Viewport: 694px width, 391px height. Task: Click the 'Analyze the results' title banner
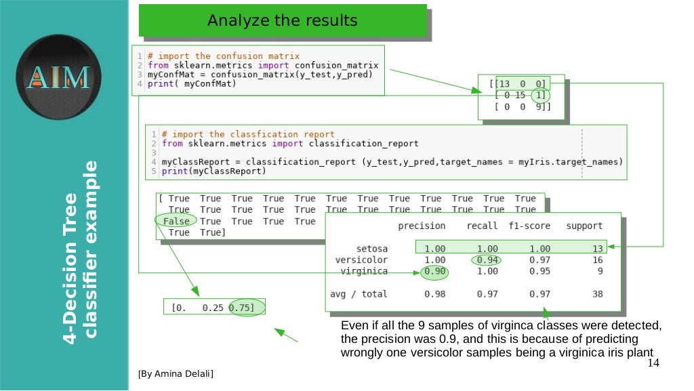[283, 22]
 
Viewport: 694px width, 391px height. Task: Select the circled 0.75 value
[243, 308]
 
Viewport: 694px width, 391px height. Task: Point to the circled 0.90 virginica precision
[434, 271]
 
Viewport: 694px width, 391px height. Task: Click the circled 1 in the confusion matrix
[539, 96]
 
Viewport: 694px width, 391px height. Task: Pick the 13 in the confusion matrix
[504, 84]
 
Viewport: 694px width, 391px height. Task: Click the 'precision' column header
[422, 226]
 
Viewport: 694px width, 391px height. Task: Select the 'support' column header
[584, 226]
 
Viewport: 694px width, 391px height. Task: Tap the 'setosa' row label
[372, 249]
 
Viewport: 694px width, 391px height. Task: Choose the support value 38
[596, 294]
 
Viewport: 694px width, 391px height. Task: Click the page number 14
[653, 364]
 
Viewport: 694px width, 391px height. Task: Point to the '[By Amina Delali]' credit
[175, 373]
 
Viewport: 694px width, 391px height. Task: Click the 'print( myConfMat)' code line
[191, 84]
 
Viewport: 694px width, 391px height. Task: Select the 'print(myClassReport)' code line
[214, 171]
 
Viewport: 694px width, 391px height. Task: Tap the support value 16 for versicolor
[596, 260]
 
